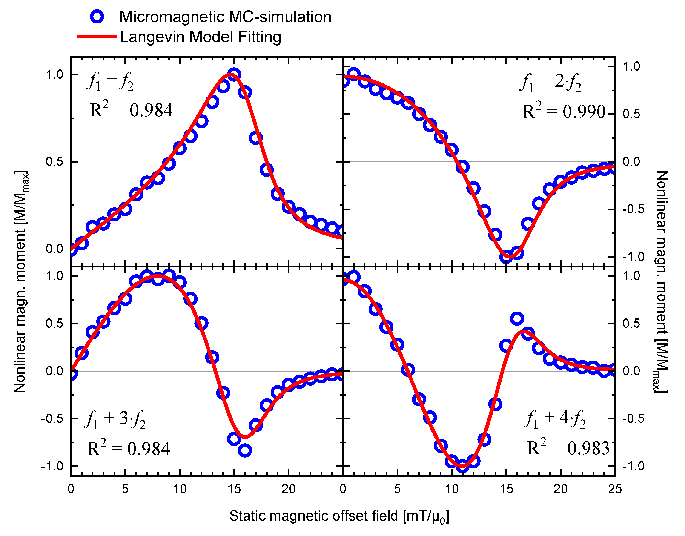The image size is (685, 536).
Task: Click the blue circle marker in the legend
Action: click(97, 16)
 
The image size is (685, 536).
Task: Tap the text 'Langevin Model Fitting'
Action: click(200, 37)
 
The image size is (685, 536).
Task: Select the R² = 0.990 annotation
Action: click(564, 111)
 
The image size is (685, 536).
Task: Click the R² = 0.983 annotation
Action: click(568, 448)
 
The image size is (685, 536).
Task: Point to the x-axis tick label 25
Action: click(614, 489)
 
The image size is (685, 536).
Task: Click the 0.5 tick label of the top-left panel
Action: click(54, 162)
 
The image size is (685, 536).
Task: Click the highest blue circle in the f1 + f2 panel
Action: click(234, 75)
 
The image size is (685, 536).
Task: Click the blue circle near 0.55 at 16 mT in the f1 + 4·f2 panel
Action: click(517, 319)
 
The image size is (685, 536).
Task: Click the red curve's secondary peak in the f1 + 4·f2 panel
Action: click(523, 331)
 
